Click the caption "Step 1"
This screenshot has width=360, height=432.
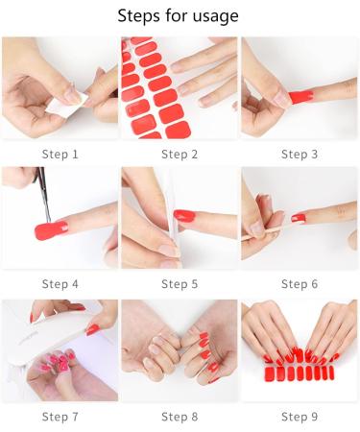tap(60, 154)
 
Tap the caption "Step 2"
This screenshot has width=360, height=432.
tap(180, 154)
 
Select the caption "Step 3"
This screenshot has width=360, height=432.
tap(300, 154)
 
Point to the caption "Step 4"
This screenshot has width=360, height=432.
tap(60, 284)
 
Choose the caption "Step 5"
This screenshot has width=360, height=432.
tap(180, 284)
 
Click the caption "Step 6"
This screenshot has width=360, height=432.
tap(300, 284)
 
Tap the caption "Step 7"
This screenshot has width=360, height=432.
tap(60, 416)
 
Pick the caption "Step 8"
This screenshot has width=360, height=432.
tap(180, 416)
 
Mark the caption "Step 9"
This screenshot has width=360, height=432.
tap(300, 416)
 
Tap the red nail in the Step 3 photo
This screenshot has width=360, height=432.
tap(300, 96)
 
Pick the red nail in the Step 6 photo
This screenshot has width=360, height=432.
tap(299, 218)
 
